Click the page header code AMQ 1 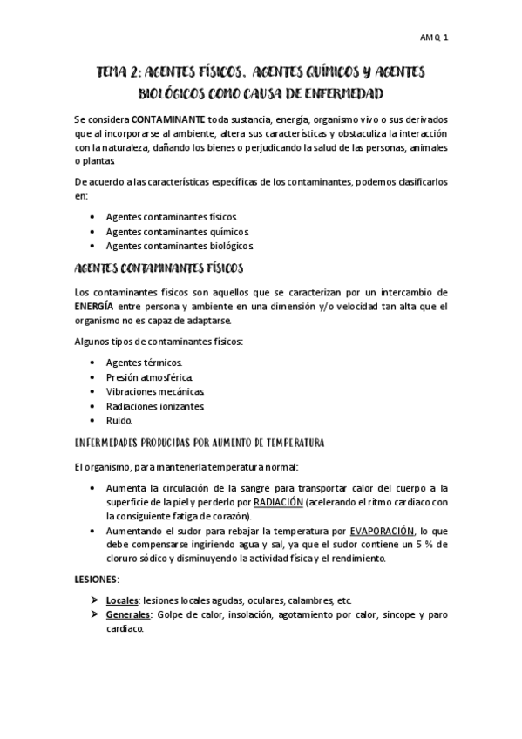click(433, 38)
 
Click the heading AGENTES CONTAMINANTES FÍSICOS click(159, 268)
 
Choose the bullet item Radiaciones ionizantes click(155, 406)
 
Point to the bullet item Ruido click(119, 420)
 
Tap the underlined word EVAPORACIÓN click(382, 531)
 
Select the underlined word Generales click(128, 615)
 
